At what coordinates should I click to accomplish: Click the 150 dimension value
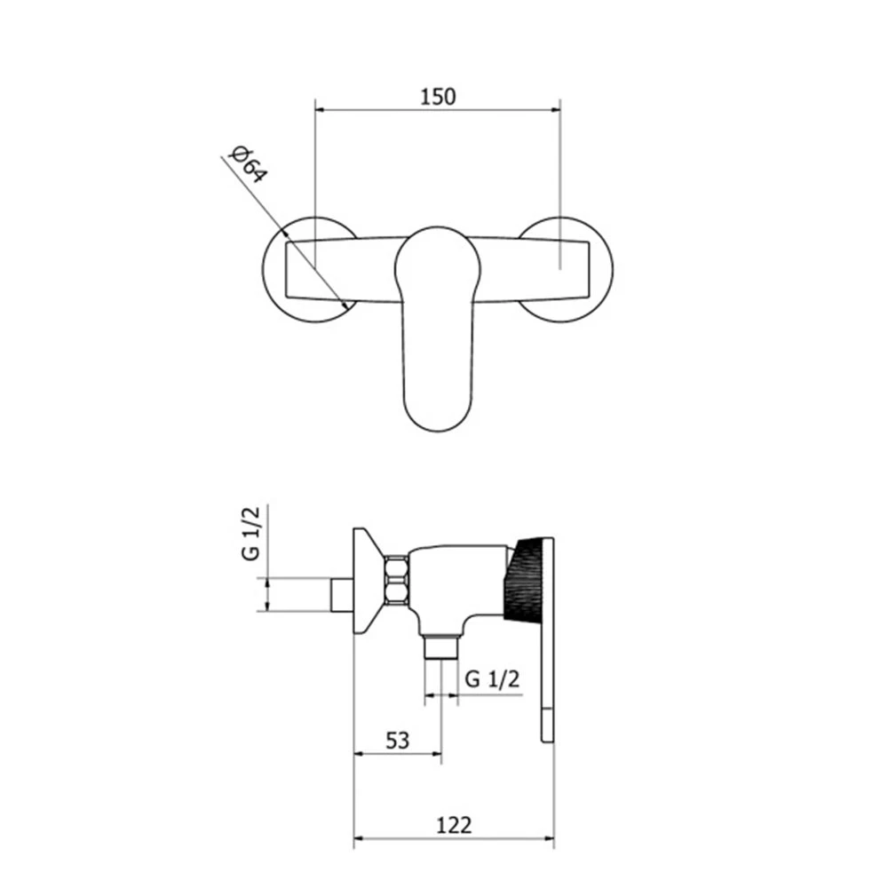[x=437, y=97]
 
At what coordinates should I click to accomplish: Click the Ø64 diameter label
[x=248, y=164]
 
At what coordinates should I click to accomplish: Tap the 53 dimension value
[x=397, y=741]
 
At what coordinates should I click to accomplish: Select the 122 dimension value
[x=454, y=825]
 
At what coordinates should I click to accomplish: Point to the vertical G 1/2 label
[x=251, y=534]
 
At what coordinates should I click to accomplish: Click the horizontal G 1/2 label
[x=492, y=678]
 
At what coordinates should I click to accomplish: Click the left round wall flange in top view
[x=310, y=269]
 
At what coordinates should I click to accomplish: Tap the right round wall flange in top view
[x=565, y=269]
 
